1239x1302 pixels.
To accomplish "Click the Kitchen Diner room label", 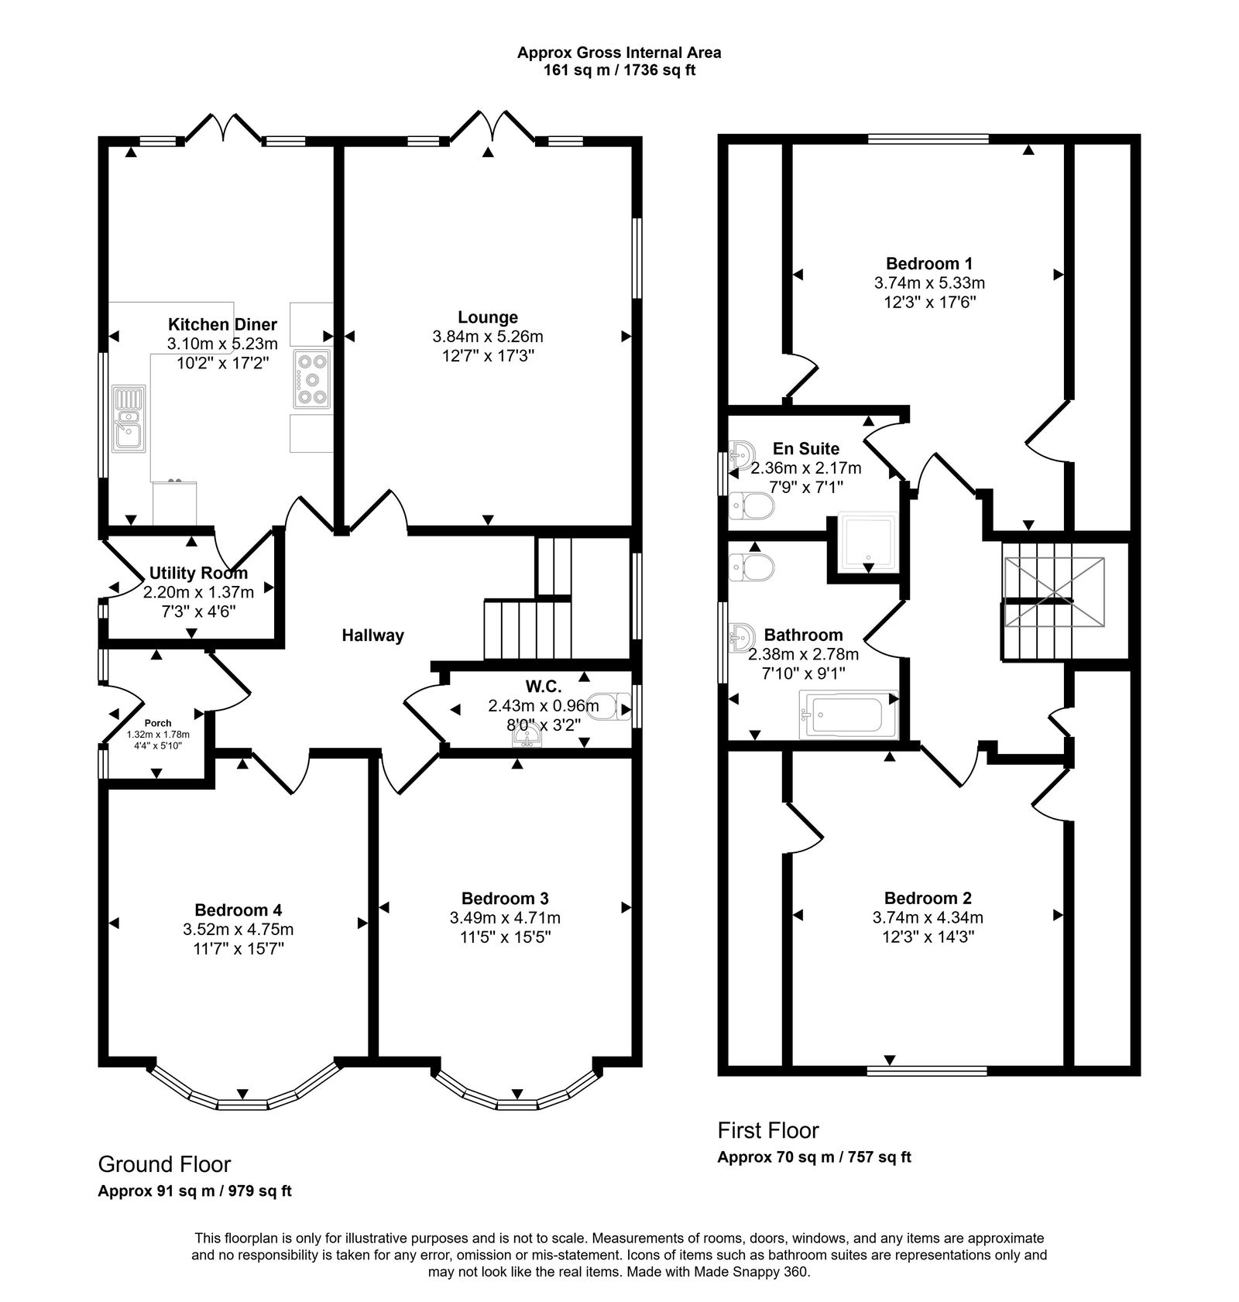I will (x=222, y=324).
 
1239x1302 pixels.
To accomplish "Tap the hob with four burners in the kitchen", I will (x=312, y=379).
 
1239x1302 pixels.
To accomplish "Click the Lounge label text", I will (x=487, y=317).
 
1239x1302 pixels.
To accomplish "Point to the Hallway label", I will (x=373, y=636).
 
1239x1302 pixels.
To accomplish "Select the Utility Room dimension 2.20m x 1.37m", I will (x=198, y=592).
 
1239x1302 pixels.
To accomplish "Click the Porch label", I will (x=158, y=723).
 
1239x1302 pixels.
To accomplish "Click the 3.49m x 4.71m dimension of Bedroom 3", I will (x=505, y=918).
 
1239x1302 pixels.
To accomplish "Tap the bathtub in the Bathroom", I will (x=848, y=714).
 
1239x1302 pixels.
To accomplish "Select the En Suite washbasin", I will (x=741, y=452).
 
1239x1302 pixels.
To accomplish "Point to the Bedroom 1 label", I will (x=929, y=263).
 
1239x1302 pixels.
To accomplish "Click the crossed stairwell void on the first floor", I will (x=1055, y=591).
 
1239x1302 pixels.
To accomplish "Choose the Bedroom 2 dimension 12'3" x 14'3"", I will (x=928, y=937).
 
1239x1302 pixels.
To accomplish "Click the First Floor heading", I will (x=768, y=1131).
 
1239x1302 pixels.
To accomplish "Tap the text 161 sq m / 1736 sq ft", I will (x=619, y=70).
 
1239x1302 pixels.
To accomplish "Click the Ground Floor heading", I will (x=164, y=1164).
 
